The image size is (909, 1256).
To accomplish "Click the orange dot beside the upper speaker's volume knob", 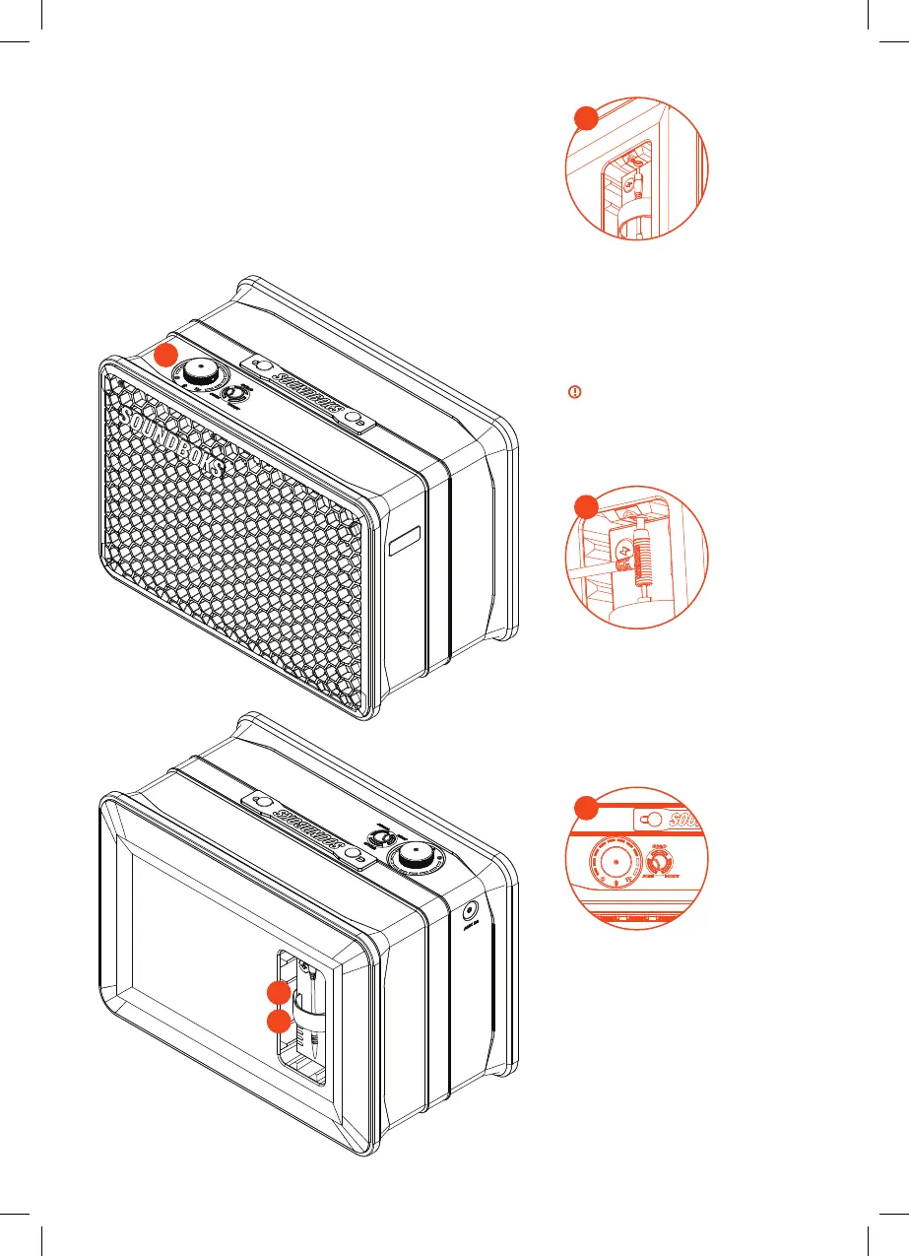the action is click(165, 357).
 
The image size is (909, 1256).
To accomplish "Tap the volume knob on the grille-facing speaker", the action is click(200, 373).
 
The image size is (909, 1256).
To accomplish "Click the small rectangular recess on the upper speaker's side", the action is click(404, 542).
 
